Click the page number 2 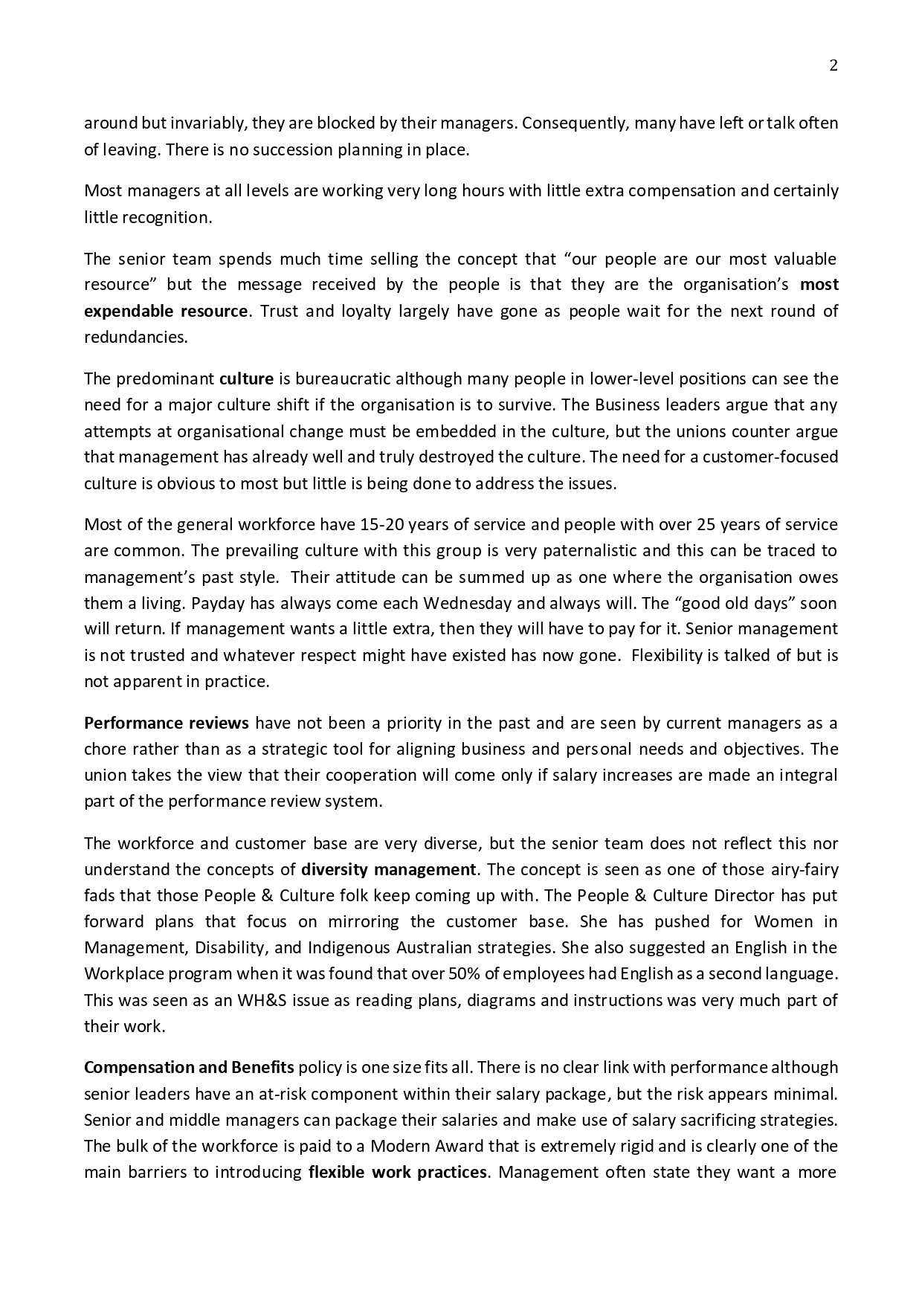coord(833,66)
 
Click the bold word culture coord(246,379)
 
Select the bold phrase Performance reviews coord(167,724)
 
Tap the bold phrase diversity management coord(388,870)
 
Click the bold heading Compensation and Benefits coord(189,1068)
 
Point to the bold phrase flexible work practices coord(397,1173)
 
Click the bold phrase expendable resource coord(165,311)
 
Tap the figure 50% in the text coord(461,974)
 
